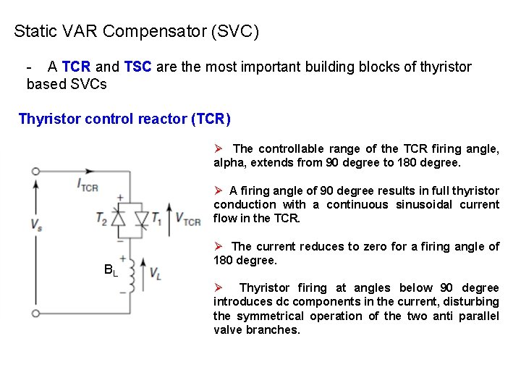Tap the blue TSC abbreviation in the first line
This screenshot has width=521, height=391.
coord(138,67)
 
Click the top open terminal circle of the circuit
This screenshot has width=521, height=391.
coord(35,172)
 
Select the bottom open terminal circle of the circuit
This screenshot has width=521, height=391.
coord(35,313)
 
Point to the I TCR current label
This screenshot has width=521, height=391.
coord(88,185)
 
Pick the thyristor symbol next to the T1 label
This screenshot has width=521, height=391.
coord(142,218)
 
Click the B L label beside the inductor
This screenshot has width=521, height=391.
coord(110,272)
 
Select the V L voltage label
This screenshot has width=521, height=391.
coord(156,273)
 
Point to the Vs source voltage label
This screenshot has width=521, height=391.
coord(36,224)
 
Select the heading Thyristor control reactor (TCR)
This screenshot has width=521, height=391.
coord(124,119)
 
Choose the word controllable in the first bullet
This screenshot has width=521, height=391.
coord(292,149)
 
